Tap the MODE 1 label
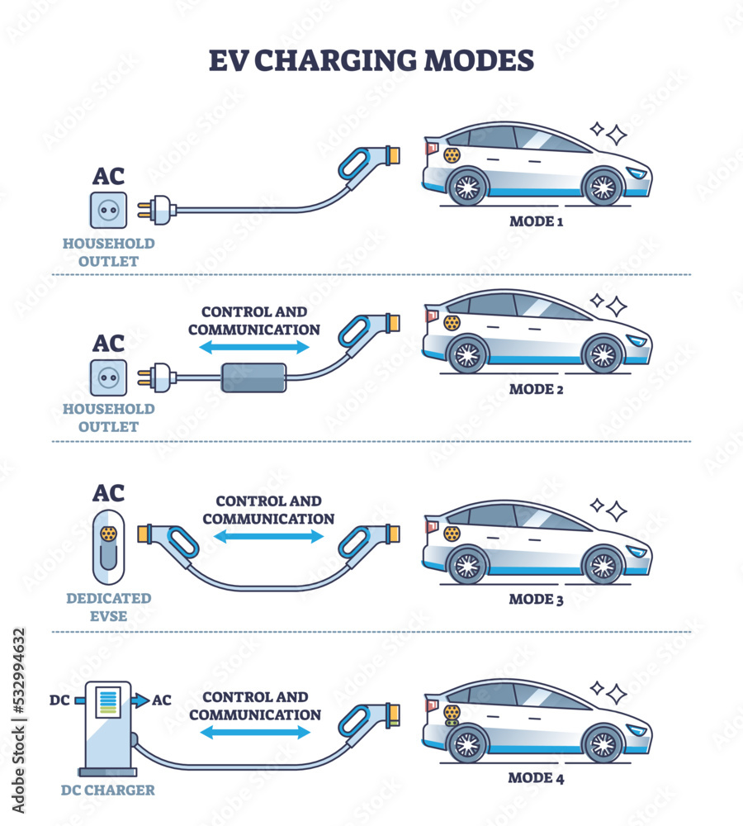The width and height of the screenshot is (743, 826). [536, 221]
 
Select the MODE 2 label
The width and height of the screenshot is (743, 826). [536, 388]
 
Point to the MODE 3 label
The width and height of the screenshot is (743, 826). [536, 599]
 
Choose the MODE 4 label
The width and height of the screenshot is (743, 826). [536, 777]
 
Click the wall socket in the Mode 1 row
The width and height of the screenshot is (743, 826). [108, 210]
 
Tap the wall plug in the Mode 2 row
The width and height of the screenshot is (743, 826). [157, 378]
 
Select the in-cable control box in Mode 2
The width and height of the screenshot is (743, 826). [253, 377]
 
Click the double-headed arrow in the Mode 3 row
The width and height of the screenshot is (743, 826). [268, 537]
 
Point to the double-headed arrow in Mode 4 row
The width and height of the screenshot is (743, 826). [255, 732]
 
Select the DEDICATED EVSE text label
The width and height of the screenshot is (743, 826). [107, 607]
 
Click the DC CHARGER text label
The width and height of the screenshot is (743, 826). [107, 790]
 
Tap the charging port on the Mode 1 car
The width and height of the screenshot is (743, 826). [452, 154]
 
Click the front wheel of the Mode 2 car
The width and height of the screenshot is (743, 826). [603, 354]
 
